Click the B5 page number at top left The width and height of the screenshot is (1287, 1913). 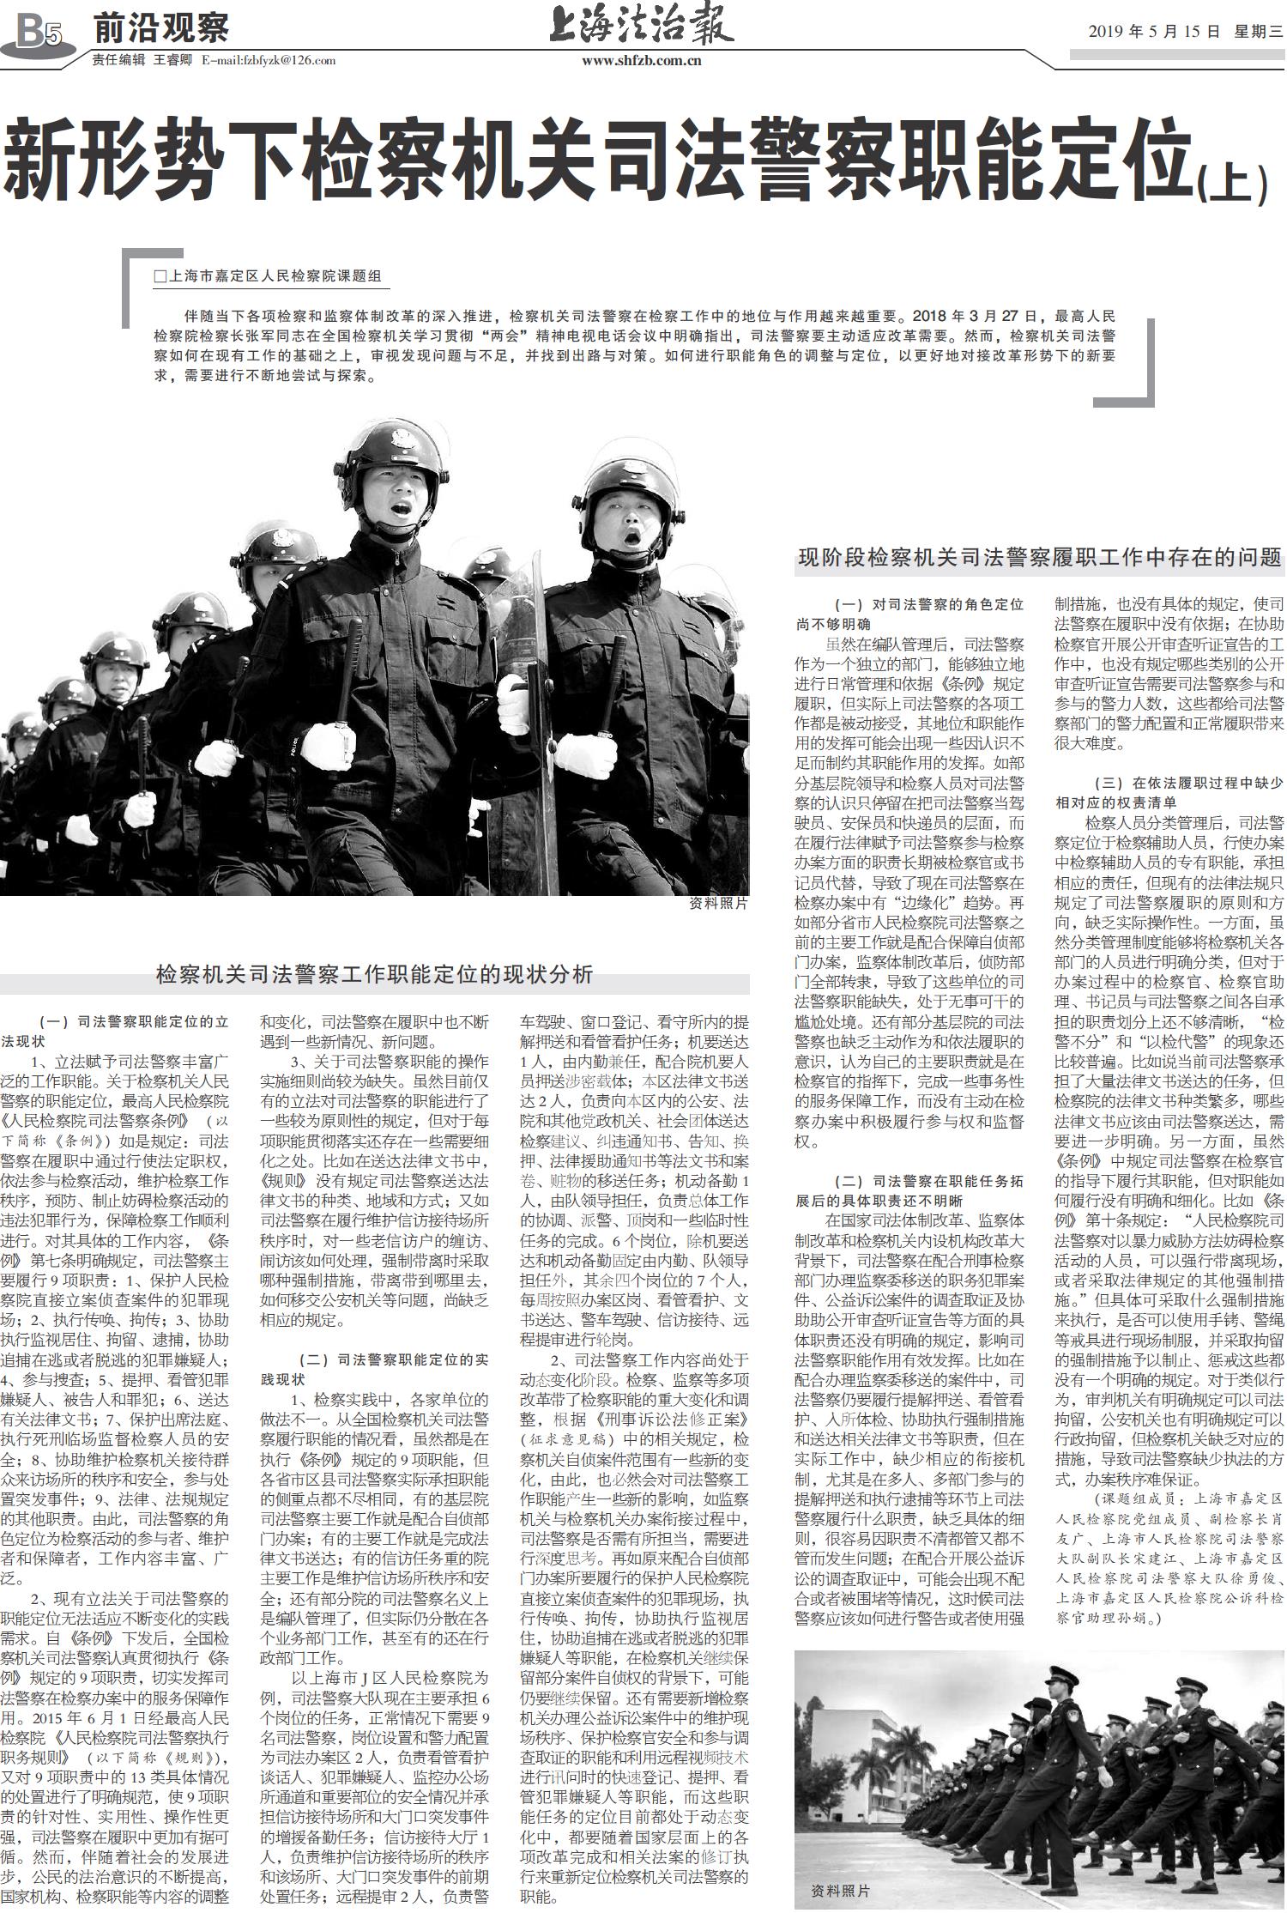[39, 33]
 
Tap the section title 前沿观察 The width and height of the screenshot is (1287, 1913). [160, 28]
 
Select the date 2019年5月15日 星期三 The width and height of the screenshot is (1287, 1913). [1185, 32]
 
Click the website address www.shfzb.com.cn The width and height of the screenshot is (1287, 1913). [641, 60]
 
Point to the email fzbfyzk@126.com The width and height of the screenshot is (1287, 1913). [269, 60]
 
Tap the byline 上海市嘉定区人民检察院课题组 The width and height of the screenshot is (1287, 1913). [268, 276]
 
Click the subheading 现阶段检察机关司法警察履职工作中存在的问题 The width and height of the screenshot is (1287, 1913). [1039, 557]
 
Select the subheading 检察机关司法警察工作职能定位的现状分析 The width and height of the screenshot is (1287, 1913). [374, 974]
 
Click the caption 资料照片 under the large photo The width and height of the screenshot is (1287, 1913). [718, 904]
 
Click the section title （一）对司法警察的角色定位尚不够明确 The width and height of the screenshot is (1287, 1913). [909, 614]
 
